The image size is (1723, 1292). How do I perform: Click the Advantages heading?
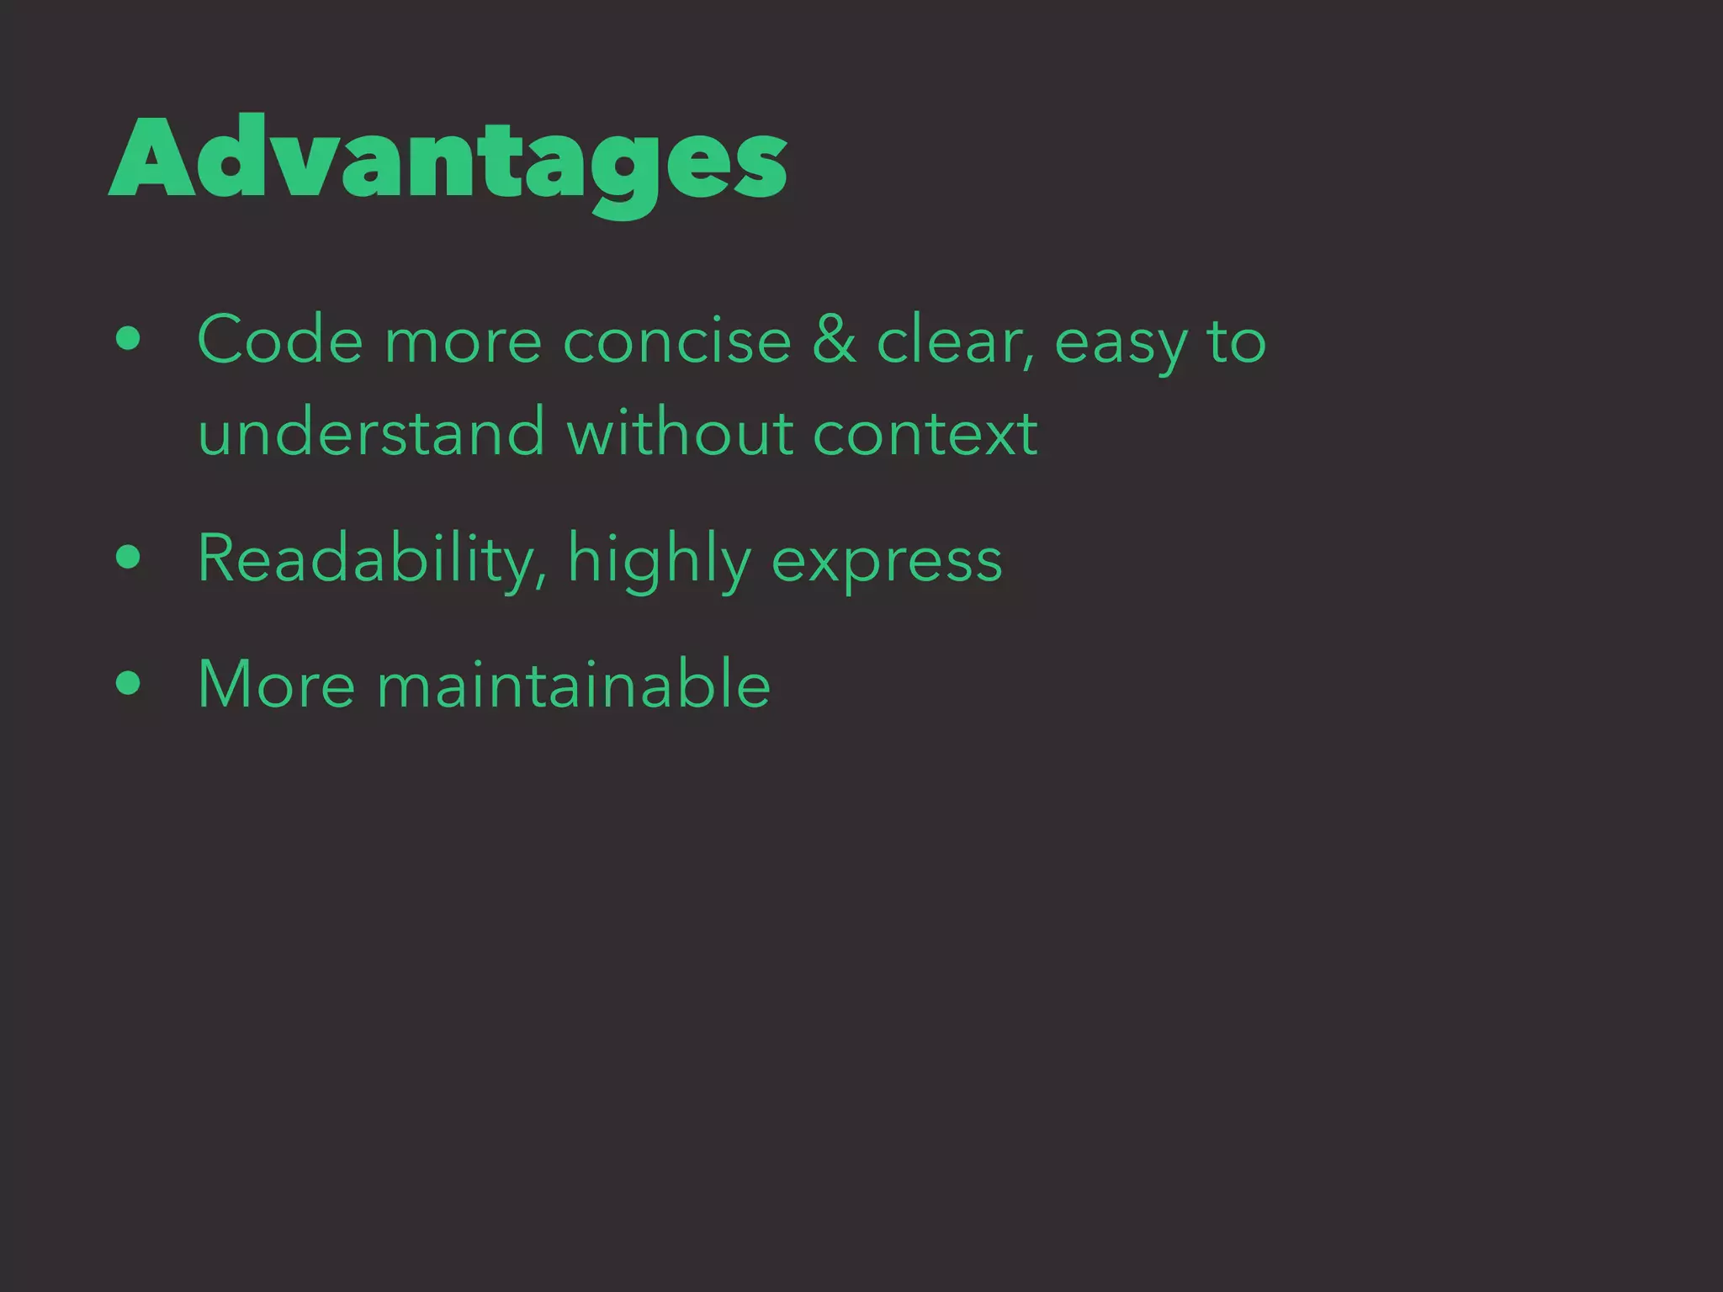point(448,160)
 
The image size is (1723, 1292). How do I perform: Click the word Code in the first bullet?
point(280,341)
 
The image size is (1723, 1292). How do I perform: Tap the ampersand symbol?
point(834,341)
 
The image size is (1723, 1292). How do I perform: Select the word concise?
point(677,341)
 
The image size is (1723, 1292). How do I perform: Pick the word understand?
point(371,432)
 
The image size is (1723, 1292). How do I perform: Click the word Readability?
point(371,559)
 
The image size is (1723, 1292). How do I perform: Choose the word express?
point(887,562)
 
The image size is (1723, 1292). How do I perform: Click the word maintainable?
point(573,684)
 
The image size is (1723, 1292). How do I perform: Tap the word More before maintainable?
point(276,684)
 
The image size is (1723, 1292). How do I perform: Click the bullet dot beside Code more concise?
point(129,340)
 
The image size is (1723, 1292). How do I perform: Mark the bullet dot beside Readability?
point(129,557)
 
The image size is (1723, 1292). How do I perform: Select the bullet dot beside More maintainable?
point(129,683)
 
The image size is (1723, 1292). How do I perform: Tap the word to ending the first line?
point(1236,341)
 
